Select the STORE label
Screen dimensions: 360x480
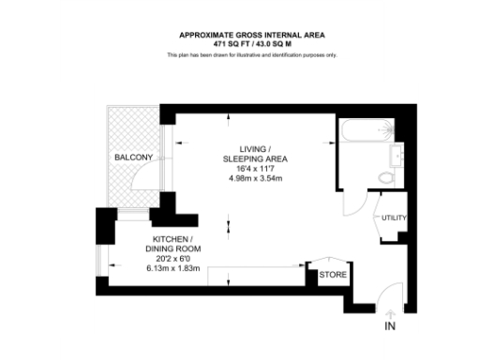pyautogui.click(x=333, y=275)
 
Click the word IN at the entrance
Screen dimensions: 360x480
pyautogui.click(x=390, y=326)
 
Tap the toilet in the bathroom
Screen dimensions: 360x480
pyautogui.click(x=384, y=177)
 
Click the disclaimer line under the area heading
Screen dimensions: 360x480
pyautogui.click(x=251, y=55)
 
